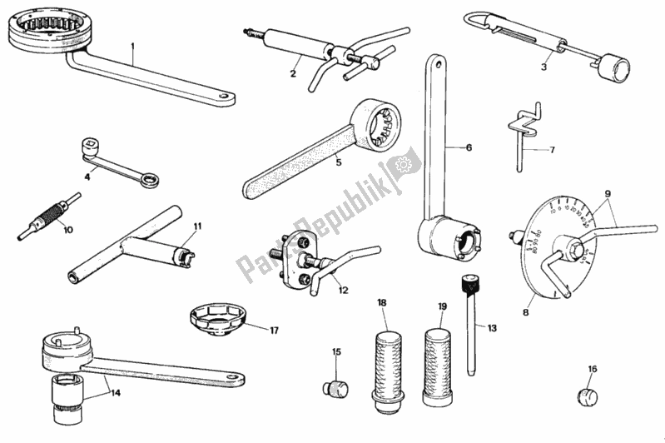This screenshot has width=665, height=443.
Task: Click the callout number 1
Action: tap(132, 48)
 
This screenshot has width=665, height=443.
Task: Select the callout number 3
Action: tap(543, 67)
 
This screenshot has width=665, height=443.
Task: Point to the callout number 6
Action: tap(469, 147)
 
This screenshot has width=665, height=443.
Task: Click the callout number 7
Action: tap(550, 151)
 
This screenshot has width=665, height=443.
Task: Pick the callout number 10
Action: tap(67, 229)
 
